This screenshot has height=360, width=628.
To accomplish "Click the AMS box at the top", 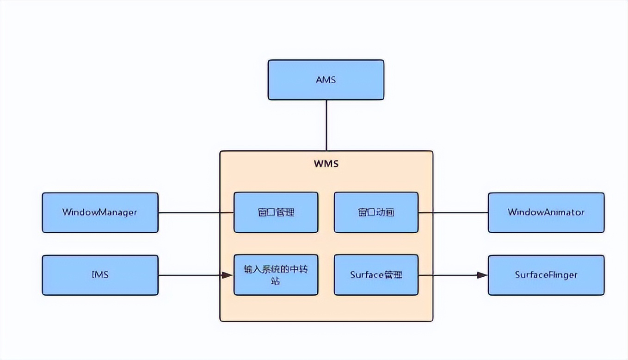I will [326, 80].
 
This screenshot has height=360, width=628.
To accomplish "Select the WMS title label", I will [326, 163].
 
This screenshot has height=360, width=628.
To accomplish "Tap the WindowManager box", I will [100, 212].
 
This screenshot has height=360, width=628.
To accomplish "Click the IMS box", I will [100, 275].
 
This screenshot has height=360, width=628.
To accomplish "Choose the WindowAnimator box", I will [546, 212].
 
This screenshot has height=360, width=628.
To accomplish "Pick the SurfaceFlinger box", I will [546, 275].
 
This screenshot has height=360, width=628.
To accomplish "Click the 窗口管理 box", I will [276, 212].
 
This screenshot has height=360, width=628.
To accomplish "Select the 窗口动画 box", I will [376, 212].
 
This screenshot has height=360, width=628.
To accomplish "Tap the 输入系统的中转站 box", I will [276, 275].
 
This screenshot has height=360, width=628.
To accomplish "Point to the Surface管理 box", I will [376, 275].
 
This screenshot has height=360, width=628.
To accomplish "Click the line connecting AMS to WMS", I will [326, 125].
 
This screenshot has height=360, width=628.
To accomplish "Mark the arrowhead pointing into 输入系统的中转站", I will [228, 275].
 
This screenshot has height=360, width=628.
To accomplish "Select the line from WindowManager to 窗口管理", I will [196, 212].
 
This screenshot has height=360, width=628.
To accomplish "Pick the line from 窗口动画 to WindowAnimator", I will [453, 212].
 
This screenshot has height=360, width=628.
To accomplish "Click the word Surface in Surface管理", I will [367, 274].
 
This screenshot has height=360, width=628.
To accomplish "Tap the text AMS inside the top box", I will [326, 80].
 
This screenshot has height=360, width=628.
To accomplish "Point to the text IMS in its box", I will [100, 274].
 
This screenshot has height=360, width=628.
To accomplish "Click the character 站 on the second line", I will [276, 281].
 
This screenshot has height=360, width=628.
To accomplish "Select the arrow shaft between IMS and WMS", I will [190, 275].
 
